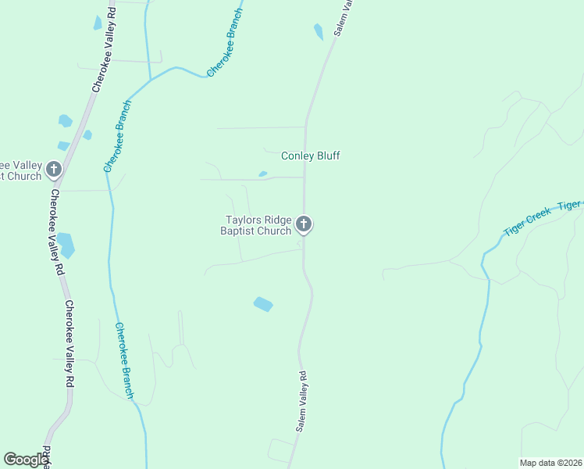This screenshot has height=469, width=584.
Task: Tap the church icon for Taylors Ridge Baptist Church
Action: point(304,225)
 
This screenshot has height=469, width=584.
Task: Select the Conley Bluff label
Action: point(311,156)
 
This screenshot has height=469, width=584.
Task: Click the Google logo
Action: point(26,460)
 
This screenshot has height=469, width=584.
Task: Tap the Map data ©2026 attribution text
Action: point(550,463)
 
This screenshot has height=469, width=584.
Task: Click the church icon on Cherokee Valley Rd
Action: point(54,168)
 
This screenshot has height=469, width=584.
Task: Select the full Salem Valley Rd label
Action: point(302,401)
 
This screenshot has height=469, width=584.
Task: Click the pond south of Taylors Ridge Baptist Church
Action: point(263,304)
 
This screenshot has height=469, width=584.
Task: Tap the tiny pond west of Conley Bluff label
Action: point(262,174)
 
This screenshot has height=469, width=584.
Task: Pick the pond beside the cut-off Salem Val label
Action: point(318,32)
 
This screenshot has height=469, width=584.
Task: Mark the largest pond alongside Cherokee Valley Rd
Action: point(66,245)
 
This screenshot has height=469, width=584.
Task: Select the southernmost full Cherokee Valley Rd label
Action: point(69,344)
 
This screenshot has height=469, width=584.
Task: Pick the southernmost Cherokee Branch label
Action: point(123,361)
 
